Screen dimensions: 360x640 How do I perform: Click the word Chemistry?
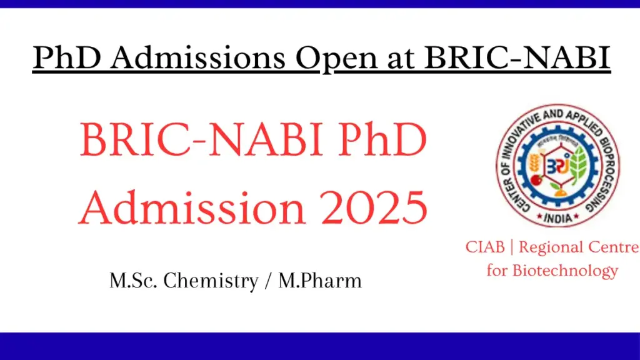pos(211,281)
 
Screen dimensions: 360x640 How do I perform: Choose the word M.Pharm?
pos(320,281)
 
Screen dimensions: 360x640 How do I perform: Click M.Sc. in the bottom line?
pos(132,281)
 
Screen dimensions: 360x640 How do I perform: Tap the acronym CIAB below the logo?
pos(484,247)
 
